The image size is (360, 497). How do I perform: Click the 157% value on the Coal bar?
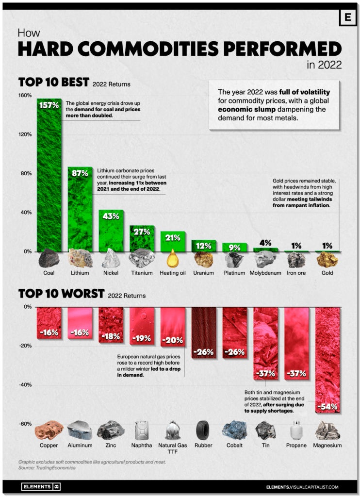(x=49, y=106)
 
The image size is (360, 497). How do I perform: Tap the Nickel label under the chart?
(x=111, y=273)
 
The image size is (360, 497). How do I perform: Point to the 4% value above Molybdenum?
(x=265, y=242)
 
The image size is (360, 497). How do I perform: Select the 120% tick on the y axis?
(x=25, y=134)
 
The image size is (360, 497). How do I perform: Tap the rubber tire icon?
(x=203, y=430)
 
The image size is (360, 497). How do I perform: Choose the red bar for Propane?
(x=296, y=340)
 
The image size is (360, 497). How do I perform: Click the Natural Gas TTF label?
(x=173, y=448)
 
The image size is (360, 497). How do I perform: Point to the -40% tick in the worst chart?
(x=25, y=385)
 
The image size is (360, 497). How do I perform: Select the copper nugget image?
(x=49, y=430)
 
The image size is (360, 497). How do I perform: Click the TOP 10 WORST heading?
(x=61, y=294)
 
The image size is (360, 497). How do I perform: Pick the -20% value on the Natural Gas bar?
(x=173, y=340)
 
